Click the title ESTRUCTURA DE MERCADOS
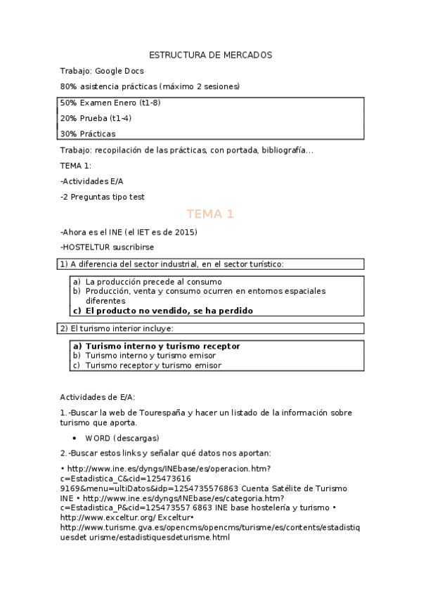click(x=211, y=55)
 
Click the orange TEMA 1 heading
click(x=210, y=214)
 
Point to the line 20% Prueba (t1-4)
click(x=96, y=118)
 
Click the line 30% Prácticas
click(x=88, y=134)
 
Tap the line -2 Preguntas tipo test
click(x=103, y=197)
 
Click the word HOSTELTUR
click(x=86, y=247)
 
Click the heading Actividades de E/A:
click(x=98, y=397)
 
